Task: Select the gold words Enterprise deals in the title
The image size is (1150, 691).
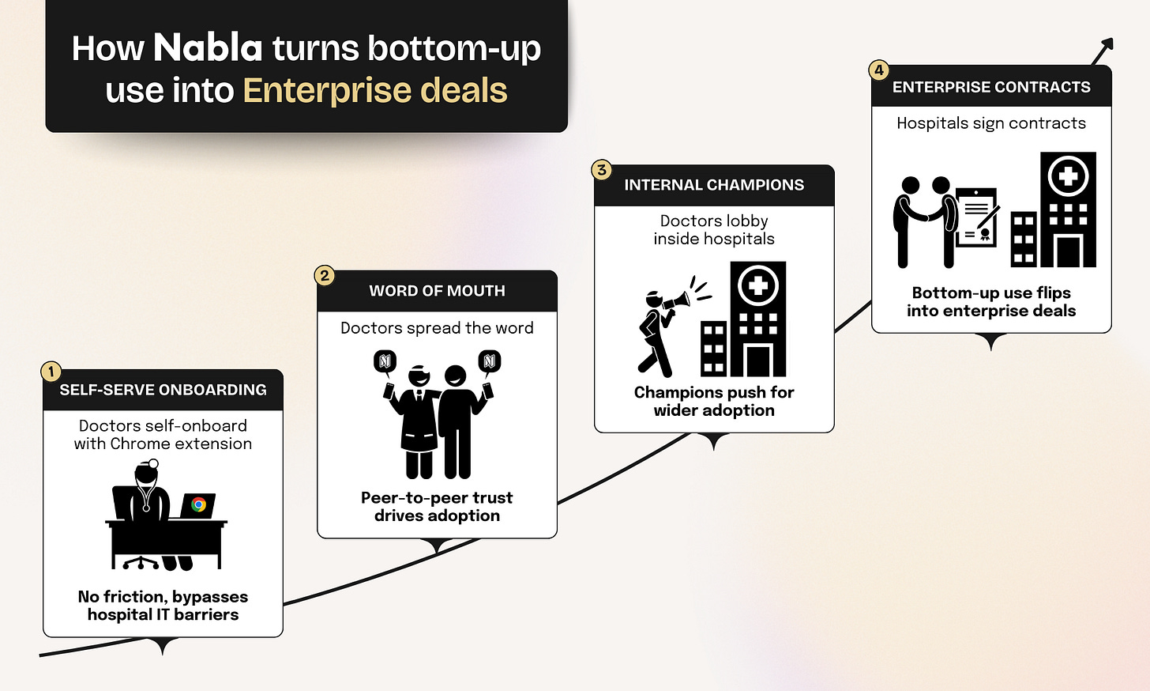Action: pos(374,90)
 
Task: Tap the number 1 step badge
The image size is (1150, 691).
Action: pos(51,372)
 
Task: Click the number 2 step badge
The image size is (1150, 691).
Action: pos(325,275)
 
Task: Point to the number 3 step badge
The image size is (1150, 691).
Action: pos(602,170)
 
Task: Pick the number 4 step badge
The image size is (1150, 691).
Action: pos(879,70)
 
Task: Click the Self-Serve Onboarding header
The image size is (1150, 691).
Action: pos(163,390)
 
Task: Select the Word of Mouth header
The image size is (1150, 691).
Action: pos(437,291)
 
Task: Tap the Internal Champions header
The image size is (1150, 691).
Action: pos(714,185)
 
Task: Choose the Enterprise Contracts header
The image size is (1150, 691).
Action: pos(991,87)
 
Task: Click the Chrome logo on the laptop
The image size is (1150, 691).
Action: pos(198,504)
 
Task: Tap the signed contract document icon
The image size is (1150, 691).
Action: pos(977,217)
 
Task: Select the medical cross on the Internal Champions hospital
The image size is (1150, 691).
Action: pos(758,285)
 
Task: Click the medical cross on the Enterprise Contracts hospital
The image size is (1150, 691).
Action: pos(1068,176)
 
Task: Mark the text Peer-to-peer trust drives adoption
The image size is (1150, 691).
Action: pos(437,506)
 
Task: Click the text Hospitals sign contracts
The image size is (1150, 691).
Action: pos(991,123)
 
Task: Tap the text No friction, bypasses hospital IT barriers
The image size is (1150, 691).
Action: pos(163,606)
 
